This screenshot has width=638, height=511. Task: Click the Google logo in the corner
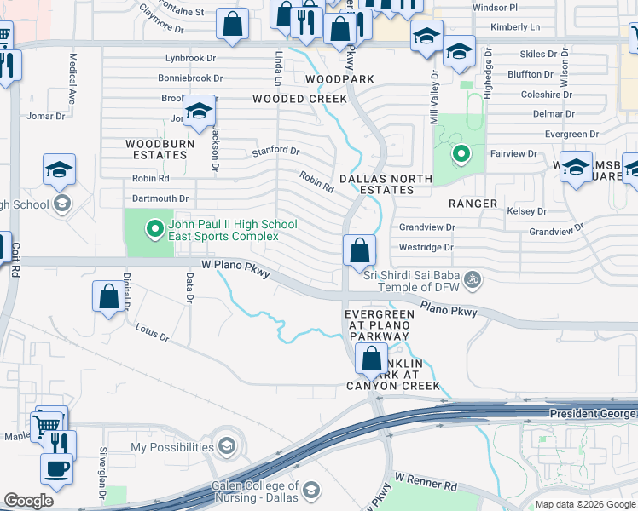(29, 501)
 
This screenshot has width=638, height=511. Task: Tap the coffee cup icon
(57, 469)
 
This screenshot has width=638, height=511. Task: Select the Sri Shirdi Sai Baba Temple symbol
(473, 278)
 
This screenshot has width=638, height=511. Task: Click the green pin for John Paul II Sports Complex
(154, 228)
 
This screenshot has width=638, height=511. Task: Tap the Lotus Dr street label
(153, 332)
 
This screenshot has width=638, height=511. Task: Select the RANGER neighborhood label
(473, 204)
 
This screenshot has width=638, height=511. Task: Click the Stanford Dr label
(275, 152)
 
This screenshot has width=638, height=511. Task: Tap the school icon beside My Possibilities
(227, 446)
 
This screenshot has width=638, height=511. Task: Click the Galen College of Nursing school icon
(312, 491)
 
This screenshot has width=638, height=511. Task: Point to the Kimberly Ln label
(516, 27)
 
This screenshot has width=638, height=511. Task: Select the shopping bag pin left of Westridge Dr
(359, 251)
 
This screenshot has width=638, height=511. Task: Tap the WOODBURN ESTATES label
(156, 149)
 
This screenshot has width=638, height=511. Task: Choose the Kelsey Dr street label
(526, 210)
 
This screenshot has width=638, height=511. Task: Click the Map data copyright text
(584, 504)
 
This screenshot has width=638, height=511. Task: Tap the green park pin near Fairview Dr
(461, 154)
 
